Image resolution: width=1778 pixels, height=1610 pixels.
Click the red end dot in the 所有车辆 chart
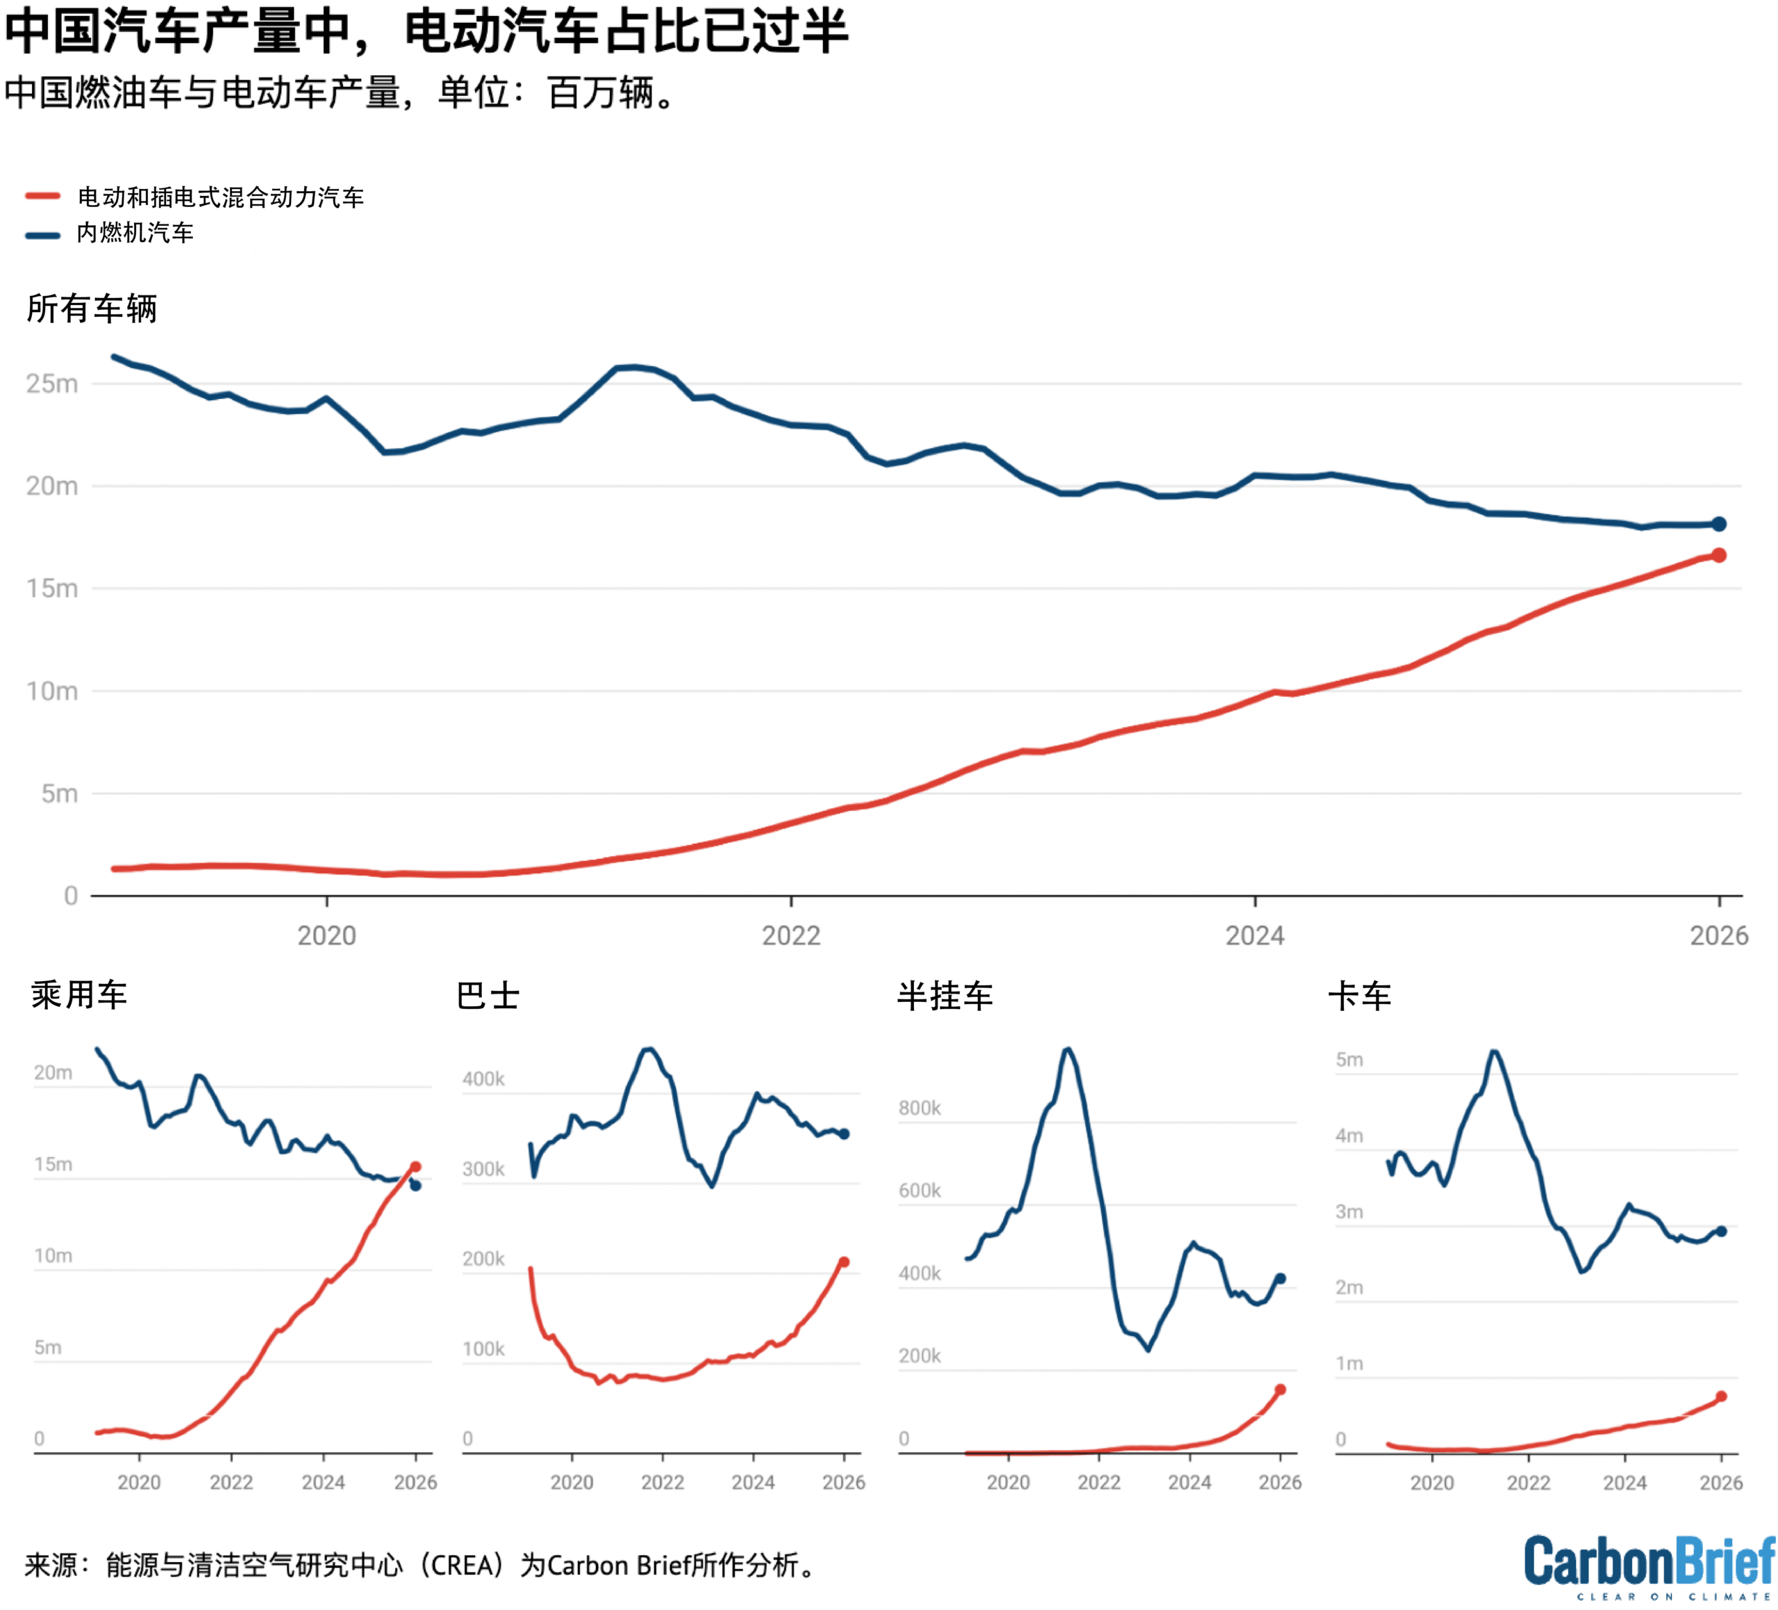pos(1719,555)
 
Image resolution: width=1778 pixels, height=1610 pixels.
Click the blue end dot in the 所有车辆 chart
pos(1719,524)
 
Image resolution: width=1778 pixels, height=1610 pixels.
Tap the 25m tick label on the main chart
pos(52,384)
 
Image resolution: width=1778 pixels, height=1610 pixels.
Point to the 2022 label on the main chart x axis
pos(791,936)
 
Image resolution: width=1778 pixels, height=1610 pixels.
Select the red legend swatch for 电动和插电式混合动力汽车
pos(42,197)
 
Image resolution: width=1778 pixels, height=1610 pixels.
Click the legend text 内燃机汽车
pos(135,233)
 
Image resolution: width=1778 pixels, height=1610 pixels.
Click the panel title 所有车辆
pos(92,309)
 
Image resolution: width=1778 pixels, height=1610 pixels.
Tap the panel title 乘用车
pos(79,995)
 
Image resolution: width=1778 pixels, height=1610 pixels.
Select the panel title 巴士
pos(488,996)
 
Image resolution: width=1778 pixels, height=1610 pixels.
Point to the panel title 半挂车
pos(945,996)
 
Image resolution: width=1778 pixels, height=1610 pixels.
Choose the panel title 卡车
pos(1359,996)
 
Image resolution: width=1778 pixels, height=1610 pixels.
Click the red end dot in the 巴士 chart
pos(844,1263)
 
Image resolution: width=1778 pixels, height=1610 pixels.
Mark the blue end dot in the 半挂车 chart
pos(1281,1279)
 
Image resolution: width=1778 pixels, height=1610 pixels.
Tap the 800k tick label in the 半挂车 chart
pos(920,1108)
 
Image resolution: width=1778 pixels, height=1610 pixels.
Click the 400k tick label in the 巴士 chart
pos(483,1079)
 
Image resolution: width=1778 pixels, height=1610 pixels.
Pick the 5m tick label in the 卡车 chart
pos(1349,1060)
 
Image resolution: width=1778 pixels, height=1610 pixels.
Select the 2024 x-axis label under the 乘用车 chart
pos(323,1482)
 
